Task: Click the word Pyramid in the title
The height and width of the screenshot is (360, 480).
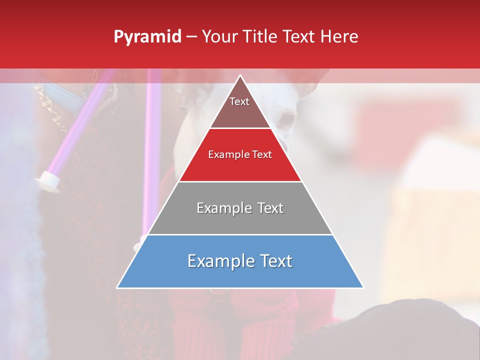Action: click(147, 37)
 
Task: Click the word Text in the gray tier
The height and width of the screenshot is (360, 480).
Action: click(270, 208)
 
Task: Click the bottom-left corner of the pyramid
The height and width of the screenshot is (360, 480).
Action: click(117, 287)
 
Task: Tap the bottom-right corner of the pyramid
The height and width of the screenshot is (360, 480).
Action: click(363, 287)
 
